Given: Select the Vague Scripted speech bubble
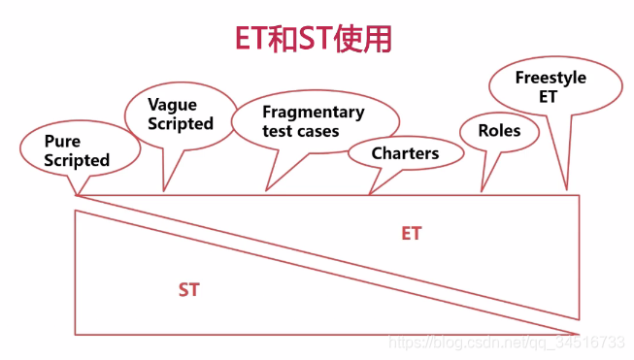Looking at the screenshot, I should [180, 115].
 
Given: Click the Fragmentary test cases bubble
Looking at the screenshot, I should [314, 120].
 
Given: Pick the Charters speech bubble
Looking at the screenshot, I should [405, 152].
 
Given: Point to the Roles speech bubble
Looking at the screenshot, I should [499, 131].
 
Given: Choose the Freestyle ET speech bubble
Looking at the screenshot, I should [550, 86].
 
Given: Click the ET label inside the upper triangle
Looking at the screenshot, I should [412, 234].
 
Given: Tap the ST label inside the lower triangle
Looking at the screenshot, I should [188, 289].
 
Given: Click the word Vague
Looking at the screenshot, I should [172, 105].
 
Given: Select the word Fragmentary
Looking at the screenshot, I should [314, 112].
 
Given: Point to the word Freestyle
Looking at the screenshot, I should [550, 78].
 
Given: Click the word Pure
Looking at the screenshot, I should [62, 142].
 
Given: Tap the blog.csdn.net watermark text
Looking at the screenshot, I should [505, 343].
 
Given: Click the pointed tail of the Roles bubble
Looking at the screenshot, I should [484, 185].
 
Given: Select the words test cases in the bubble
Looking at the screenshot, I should [301, 130].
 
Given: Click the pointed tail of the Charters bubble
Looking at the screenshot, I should [373, 186].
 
